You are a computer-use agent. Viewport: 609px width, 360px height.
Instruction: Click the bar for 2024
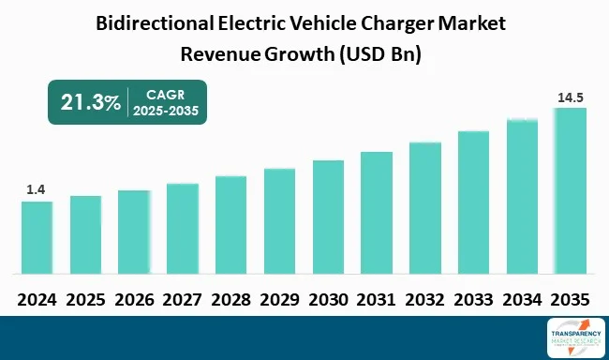click(x=37, y=237)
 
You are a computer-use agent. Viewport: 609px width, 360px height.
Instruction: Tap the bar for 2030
click(x=328, y=217)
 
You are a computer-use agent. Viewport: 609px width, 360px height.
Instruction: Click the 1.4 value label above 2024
click(x=37, y=190)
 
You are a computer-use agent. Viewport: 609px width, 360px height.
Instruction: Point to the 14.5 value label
click(x=570, y=97)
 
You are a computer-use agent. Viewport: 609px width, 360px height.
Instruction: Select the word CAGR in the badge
click(x=167, y=94)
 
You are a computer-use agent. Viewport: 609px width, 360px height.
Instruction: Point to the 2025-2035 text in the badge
click(x=167, y=112)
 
